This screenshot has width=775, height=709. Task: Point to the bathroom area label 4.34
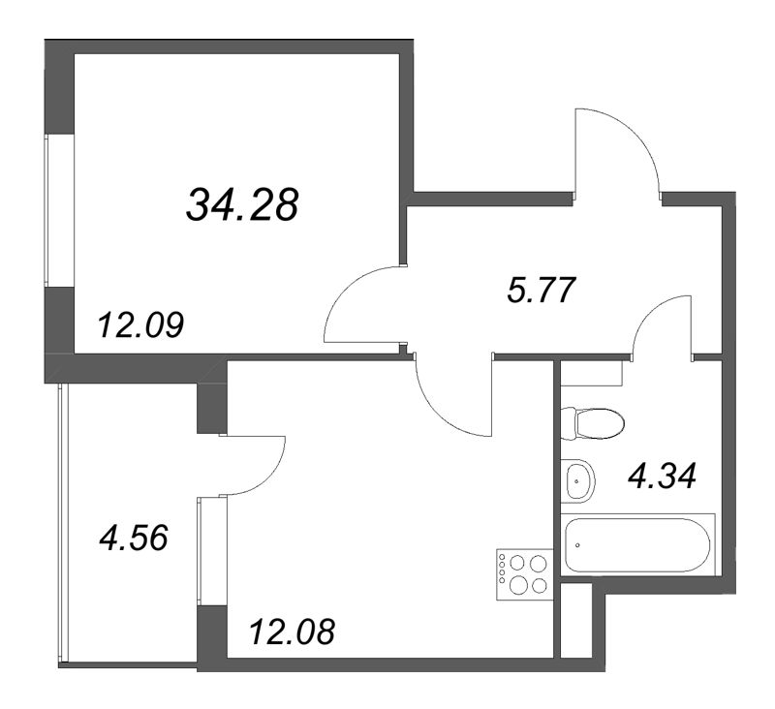pos(663,477)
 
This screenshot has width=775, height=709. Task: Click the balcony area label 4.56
pos(134,536)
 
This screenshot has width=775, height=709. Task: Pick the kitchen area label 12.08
pos(292,633)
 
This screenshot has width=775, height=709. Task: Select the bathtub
pos(637,544)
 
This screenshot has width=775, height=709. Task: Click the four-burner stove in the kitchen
pos(522,571)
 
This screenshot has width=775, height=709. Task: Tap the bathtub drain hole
pos(578,544)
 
